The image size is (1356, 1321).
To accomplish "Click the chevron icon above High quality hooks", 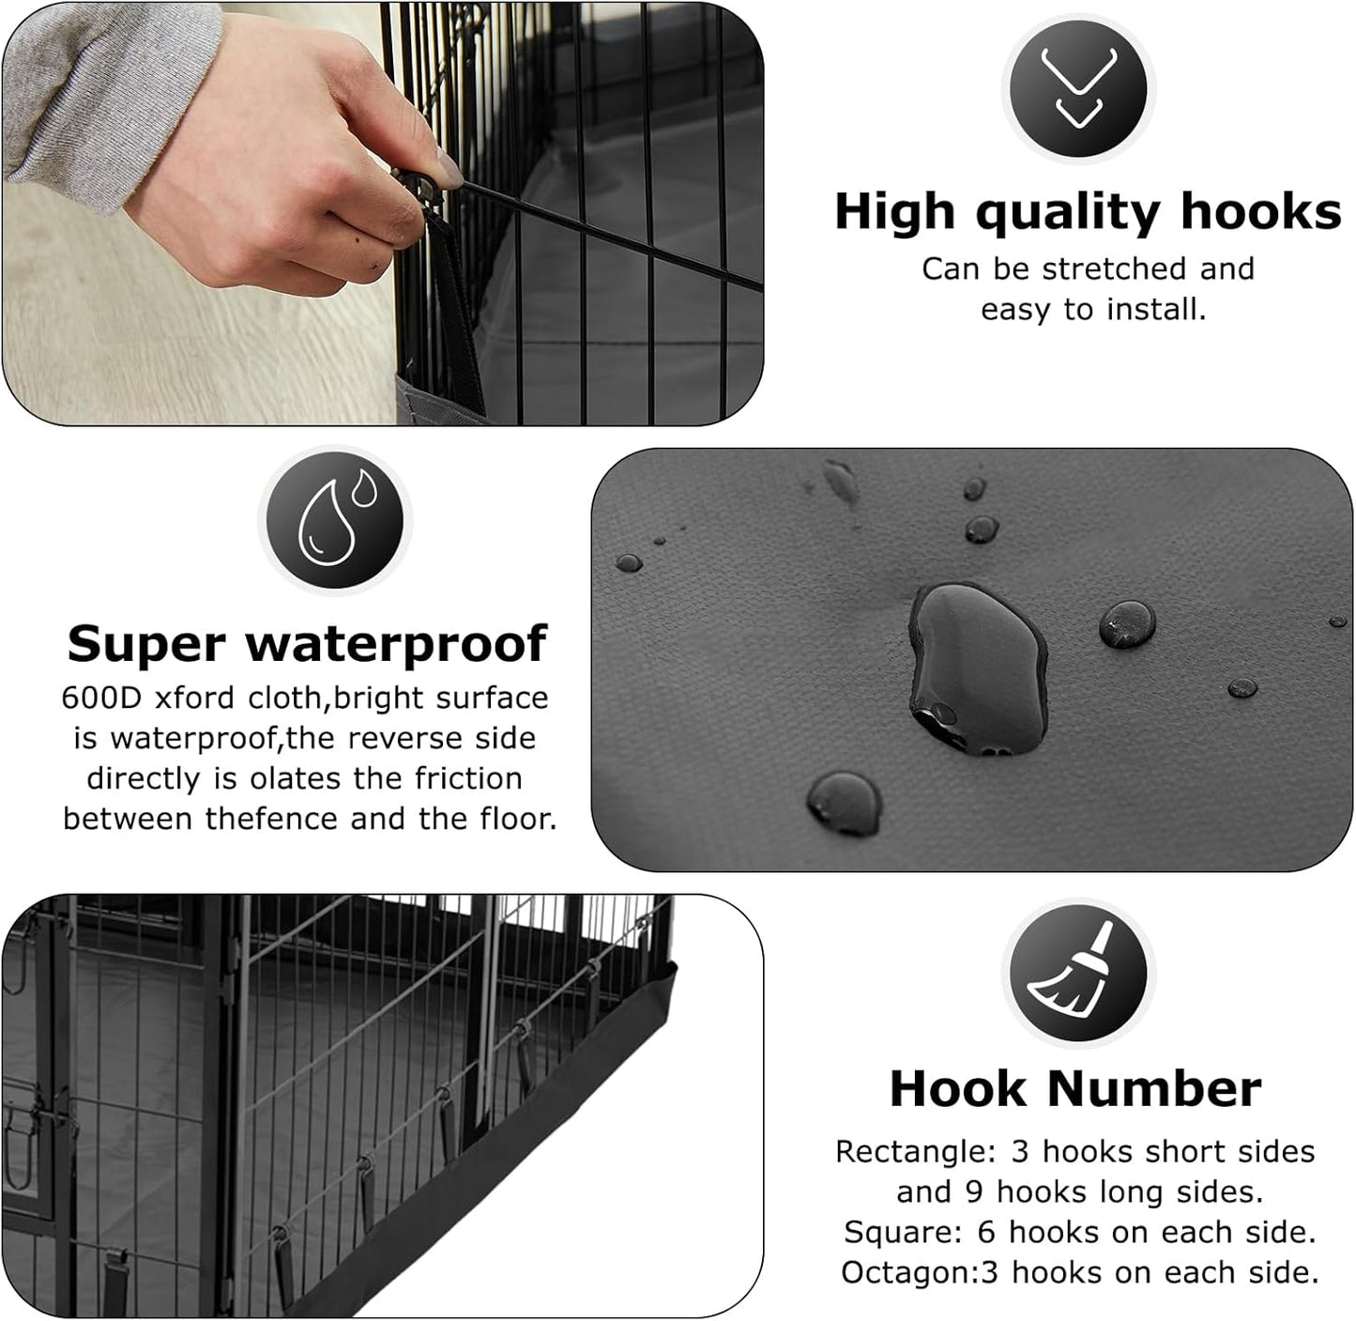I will point(1078,88).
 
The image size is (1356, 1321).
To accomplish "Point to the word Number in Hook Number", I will point(1153,1089).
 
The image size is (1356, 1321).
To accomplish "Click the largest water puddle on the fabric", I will point(977,667).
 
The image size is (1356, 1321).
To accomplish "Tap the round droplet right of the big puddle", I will point(1127,624).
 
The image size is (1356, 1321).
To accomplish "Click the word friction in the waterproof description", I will point(468,779).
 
